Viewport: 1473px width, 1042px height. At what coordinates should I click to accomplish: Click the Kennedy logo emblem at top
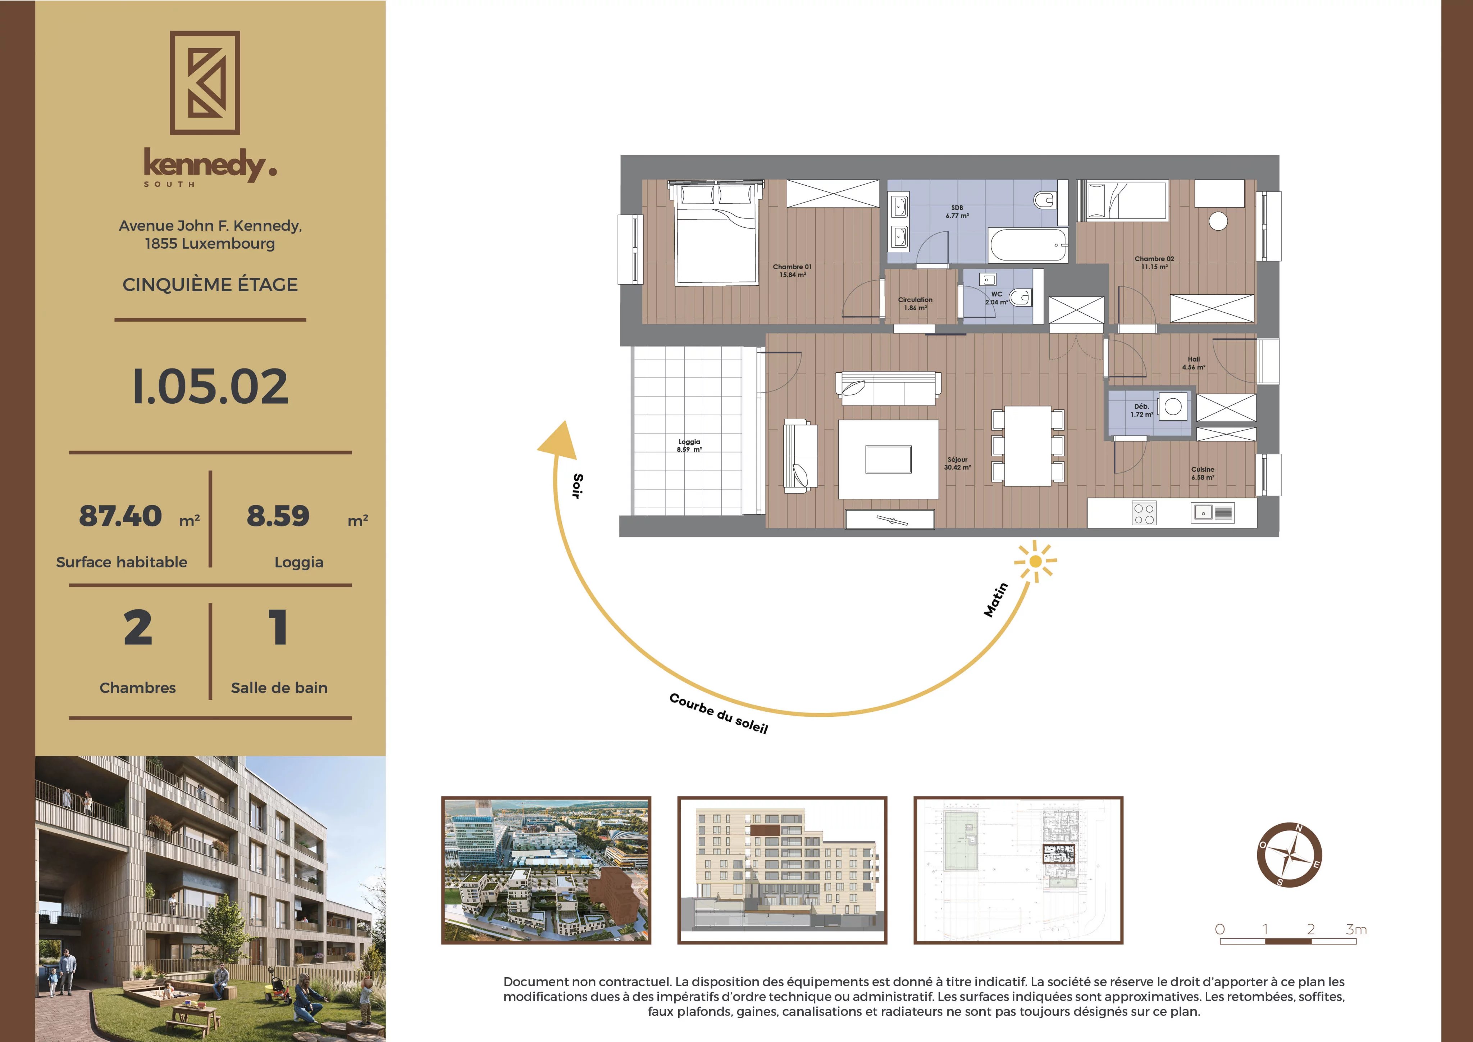coord(205,83)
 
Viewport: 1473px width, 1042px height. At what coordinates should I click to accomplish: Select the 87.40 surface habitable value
coord(120,516)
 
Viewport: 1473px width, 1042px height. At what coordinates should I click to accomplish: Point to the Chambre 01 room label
coord(792,270)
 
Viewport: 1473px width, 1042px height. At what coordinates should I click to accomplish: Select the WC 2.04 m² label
coord(997,298)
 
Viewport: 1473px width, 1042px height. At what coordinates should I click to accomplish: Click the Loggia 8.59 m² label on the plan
coord(689,445)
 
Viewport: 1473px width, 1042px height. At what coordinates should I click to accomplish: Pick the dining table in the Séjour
coord(1028,445)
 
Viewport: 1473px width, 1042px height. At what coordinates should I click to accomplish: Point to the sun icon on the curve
coord(1035,562)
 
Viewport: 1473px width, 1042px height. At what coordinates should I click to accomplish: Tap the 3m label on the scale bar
coord(1356,929)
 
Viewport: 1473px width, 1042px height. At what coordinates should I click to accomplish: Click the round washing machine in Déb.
coord(1173,406)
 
